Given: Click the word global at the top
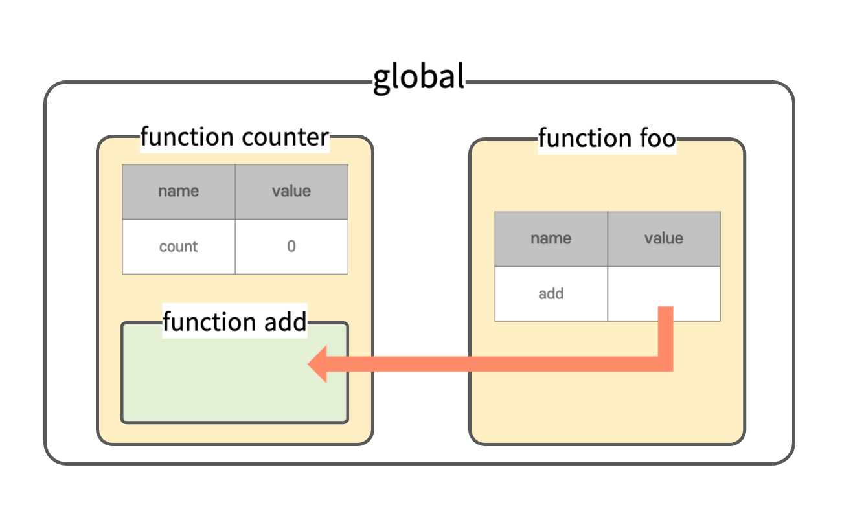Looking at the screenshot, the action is pos(419,78).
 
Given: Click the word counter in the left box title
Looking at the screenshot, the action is pos(286,137).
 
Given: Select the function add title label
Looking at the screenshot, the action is pos(235,322).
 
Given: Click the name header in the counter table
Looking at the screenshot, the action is pos(179,192).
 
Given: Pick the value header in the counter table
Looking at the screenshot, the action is pos(291,192).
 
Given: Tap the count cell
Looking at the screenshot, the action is pos(179,247).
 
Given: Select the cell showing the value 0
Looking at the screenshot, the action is pos(291,247).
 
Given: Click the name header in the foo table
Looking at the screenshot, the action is pos(551,239).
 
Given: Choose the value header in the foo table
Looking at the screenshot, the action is pos(664,239).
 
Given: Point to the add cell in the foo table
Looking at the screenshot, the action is pos(551,294).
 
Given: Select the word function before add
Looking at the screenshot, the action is pos(210,322).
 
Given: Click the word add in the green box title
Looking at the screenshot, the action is pos(286,322).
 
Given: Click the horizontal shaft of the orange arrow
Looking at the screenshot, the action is pos(492,364).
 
